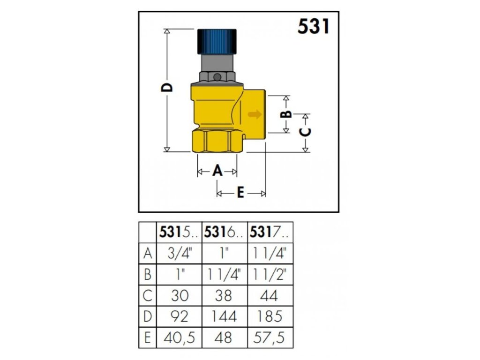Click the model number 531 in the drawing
(314, 27)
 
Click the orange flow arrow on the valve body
(255, 114)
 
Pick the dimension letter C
(305, 132)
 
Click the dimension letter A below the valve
(217, 172)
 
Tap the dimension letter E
(240, 193)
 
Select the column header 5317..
(270, 232)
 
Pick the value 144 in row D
(224, 316)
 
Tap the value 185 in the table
(270, 316)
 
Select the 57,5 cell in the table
(270, 337)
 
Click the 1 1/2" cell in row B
(270, 274)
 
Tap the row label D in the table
(147, 316)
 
